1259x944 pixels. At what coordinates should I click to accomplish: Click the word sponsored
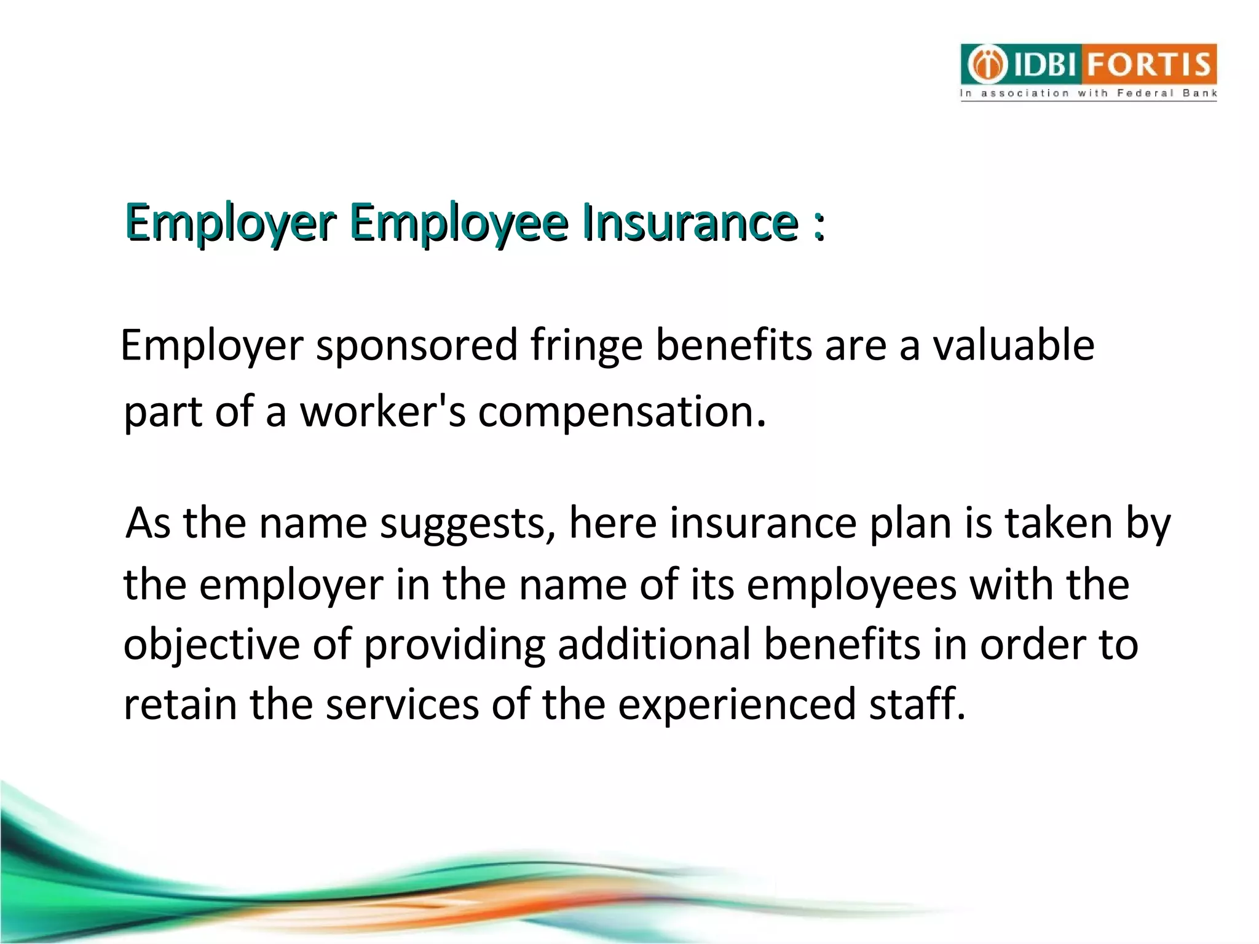(x=417, y=346)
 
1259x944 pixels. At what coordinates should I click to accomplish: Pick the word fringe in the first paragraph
(x=586, y=346)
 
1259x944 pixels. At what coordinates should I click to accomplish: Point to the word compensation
(x=622, y=412)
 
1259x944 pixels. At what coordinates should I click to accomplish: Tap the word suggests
(x=468, y=524)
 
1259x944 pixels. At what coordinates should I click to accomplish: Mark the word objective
(x=211, y=645)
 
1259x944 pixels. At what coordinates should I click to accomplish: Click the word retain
(x=180, y=704)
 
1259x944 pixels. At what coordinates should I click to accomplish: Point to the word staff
(x=916, y=704)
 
